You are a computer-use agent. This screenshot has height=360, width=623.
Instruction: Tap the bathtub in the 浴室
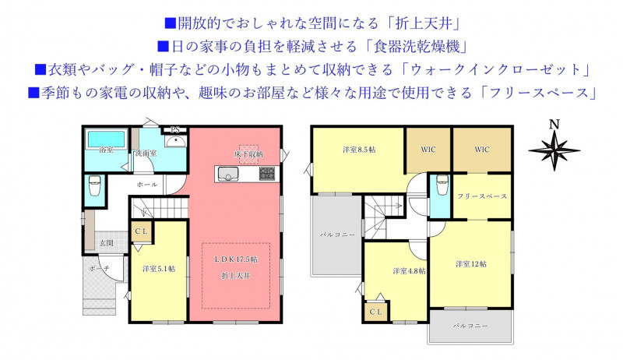tap(106, 139)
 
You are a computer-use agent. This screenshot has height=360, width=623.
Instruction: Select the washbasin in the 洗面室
tap(175, 142)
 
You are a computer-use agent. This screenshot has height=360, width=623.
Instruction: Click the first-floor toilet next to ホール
tap(95, 186)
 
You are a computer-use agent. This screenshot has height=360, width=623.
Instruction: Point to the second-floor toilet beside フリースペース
tap(442, 185)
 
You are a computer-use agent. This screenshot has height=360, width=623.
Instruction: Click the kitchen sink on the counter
tap(227, 174)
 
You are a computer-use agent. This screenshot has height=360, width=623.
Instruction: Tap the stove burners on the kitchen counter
tap(267, 174)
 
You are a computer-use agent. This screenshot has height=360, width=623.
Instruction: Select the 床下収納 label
tap(248, 154)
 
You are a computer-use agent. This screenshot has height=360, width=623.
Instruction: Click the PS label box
tap(175, 129)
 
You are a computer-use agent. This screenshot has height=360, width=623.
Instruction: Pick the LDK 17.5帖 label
tap(236, 259)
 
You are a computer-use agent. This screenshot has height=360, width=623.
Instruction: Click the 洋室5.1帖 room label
tap(159, 269)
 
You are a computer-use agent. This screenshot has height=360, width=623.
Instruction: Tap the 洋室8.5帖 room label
tap(359, 150)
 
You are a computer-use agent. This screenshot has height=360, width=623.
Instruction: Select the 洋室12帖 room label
tap(471, 264)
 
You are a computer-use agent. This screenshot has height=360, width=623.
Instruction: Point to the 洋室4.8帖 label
tap(410, 271)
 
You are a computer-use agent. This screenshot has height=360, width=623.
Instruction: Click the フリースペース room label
tap(482, 196)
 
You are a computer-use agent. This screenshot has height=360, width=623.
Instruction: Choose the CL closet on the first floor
tap(142, 231)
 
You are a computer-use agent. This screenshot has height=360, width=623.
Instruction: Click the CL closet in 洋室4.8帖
tap(376, 312)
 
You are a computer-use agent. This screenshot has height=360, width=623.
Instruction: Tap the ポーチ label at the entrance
tap(99, 269)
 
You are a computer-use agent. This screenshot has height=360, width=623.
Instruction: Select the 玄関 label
tap(106, 243)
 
